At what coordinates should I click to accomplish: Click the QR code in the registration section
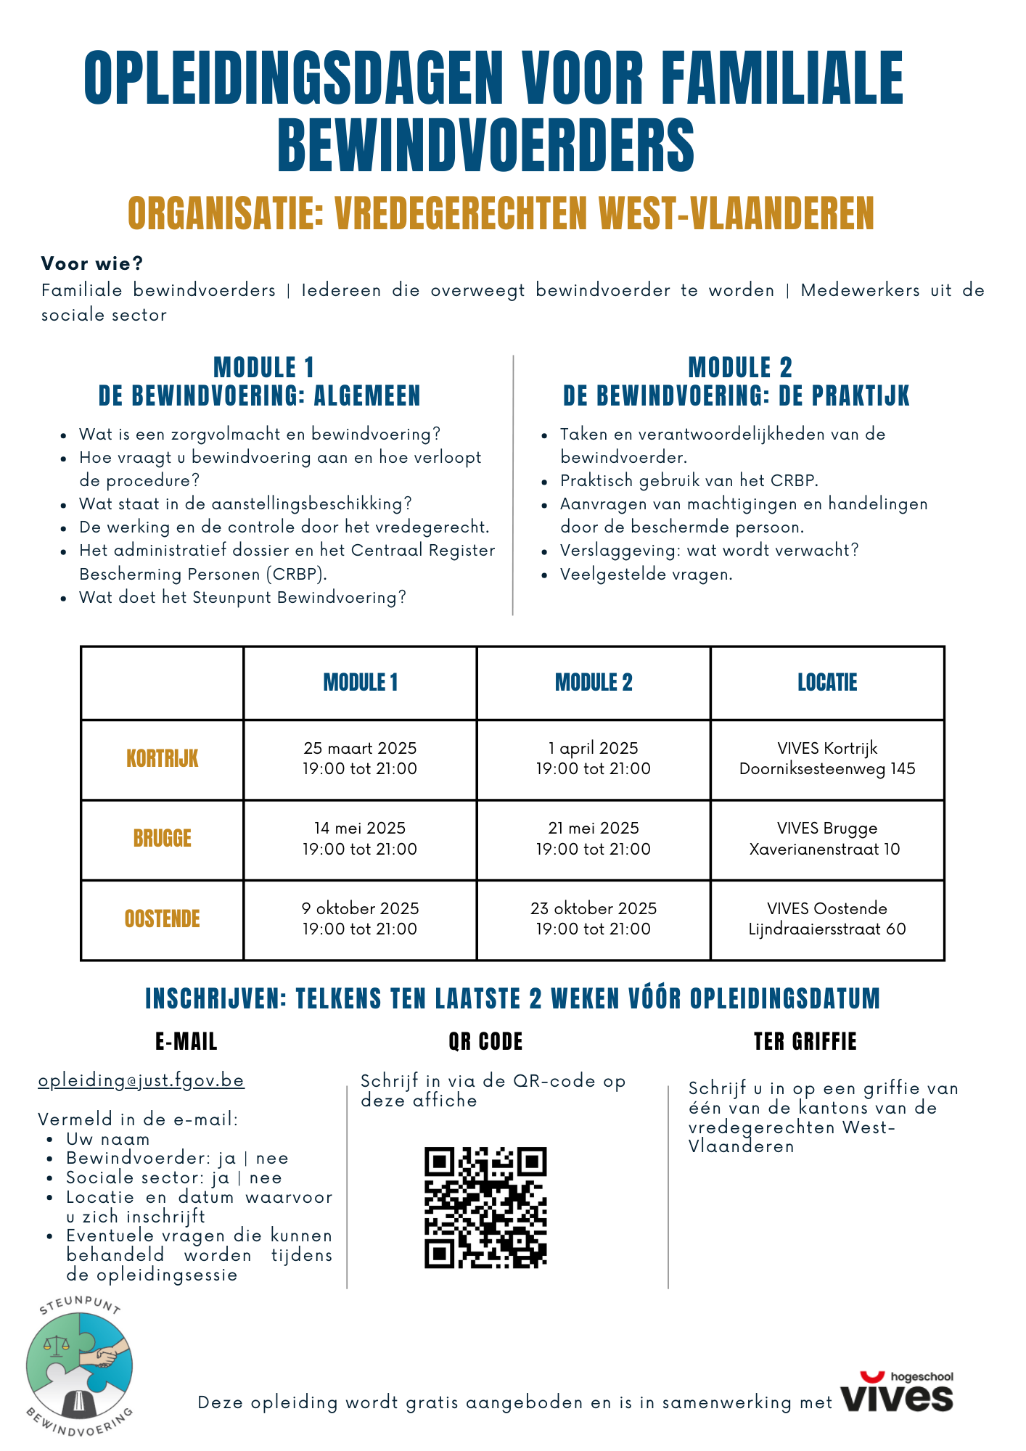[485, 1207]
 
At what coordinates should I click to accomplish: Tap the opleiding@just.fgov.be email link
[141, 1080]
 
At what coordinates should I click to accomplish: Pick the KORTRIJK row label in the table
[162, 760]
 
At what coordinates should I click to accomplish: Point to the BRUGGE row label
[162, 839]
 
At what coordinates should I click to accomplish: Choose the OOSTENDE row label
[162, 919]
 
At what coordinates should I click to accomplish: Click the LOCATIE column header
[827, 683]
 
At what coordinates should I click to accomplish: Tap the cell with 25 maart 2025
[360, 759]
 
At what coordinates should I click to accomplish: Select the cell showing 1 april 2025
[593, 759]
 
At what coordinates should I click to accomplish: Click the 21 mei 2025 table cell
[593, 839]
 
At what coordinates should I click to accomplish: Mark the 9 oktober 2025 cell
[360, 918]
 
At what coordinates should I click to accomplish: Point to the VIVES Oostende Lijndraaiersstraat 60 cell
[827, 918]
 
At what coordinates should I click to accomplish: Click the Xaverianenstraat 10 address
[824, 850]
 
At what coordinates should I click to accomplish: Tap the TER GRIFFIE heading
[805, 1042]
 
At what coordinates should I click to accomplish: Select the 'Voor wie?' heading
[92, 263]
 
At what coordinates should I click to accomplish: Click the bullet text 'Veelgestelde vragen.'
[646, 575]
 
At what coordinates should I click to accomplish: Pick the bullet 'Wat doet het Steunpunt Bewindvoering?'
[242, 598]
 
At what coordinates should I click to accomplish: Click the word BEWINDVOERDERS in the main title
[486, 145]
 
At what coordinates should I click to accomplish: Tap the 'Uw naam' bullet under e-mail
[107, 1139]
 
